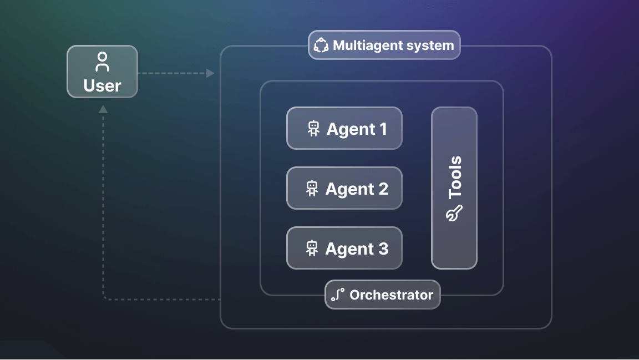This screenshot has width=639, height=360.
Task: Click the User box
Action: point(102,72)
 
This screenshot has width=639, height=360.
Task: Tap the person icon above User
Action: point(102,62)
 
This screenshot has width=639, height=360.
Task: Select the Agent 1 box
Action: point(344,128)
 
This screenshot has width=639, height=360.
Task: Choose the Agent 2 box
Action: point(344,188)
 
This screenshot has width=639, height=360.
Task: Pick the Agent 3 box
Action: point(344,248)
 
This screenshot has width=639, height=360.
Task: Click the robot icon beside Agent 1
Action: point(314,129)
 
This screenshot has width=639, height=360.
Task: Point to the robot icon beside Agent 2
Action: point(313,189)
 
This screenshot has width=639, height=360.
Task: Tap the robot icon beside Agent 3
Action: point(312,249)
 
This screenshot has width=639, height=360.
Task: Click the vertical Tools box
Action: point(454,188)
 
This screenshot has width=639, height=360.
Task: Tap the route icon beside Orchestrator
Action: point(338,295)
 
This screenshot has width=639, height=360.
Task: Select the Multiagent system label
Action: point(384,45)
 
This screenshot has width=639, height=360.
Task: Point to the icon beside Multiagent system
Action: point(321,45)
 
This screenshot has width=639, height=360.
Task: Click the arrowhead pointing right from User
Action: point(210,73)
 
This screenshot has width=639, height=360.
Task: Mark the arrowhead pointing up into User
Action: point(103,109)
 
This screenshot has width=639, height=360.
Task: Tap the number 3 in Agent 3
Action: point(383,249)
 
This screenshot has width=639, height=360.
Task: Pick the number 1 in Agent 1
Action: point(382,129)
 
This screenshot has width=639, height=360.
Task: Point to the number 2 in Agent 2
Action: point(382,189)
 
